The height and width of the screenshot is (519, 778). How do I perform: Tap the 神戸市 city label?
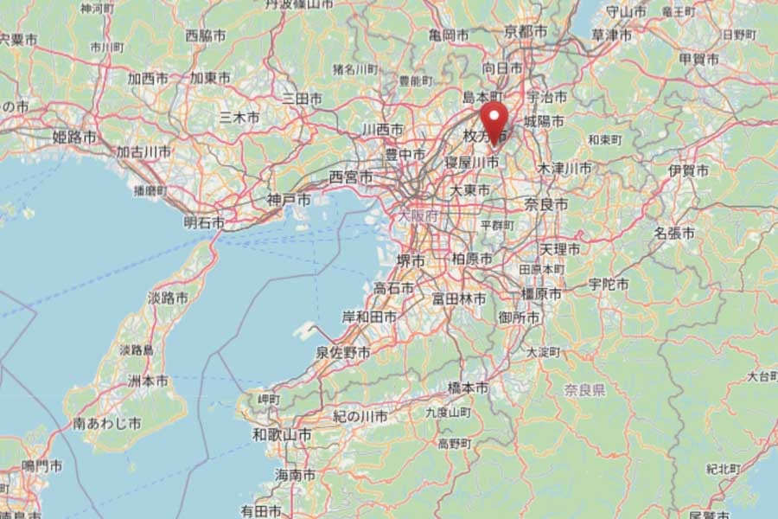[287, 199]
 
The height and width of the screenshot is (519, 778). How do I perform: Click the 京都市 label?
[526, 31]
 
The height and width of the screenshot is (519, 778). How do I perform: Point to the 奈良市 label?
[546, 205]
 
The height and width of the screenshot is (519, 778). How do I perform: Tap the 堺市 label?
[410, 259]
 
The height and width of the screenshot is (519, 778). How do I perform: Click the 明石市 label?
[204, 223]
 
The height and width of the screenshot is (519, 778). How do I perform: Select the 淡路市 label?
[168, 298]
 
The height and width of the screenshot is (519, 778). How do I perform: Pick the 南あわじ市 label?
[108, 424]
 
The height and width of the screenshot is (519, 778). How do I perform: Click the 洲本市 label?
[149, 381]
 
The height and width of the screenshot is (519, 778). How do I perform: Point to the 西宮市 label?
[351, 176]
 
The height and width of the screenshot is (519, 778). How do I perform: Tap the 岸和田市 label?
[369, 317]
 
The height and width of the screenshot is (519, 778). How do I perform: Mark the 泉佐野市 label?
[342, 353]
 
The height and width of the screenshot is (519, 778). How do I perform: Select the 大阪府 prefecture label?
[418, 214]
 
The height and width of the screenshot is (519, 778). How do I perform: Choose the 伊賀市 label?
[688, 171]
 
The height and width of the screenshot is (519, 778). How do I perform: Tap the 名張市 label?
[674, 233]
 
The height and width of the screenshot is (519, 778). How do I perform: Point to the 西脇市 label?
[206, 36]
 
